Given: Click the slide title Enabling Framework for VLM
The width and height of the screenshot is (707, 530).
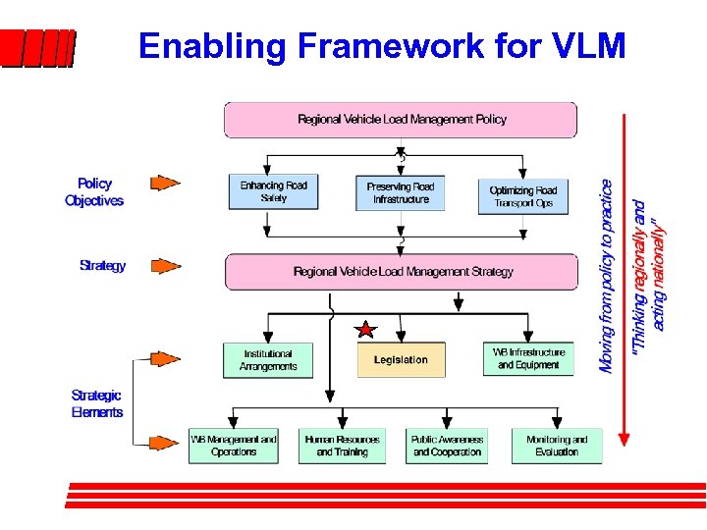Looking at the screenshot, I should tap(381, 46).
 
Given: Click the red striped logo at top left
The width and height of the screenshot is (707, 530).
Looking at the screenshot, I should tap(37, 48).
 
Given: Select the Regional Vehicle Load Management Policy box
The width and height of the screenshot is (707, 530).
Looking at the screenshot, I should tap(401, 120).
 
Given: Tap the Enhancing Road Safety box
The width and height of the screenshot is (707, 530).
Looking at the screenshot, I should tap(274, 191).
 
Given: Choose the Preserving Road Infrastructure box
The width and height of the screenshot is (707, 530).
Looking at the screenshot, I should tap(401, 192).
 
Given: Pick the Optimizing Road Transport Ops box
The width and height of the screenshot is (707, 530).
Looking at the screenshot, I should tap(522, 195).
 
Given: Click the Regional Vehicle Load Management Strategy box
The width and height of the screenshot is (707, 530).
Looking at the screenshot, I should tap(402, 272).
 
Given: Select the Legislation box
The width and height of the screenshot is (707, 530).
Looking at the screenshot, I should tap(401, 360).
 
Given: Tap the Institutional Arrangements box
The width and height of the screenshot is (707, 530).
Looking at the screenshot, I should tap(268, 360).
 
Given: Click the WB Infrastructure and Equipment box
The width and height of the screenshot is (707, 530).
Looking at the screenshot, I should tap(528, 358).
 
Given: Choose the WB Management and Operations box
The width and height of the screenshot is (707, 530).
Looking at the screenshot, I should tap(234, 446).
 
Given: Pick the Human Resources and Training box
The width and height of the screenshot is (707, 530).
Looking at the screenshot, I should tap(342, 446).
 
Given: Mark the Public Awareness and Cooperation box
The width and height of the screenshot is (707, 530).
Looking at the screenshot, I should tap(448, 446).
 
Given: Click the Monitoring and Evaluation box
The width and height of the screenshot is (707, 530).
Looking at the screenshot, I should tap(557, 446).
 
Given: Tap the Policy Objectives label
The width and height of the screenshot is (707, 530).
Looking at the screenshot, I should tap(94, 191).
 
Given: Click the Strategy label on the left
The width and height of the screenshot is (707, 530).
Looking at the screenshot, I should tap(102, 266).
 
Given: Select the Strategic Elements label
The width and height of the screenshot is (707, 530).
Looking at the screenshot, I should tap(97, 403).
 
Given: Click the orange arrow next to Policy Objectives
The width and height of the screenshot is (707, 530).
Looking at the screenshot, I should tap(164, 183).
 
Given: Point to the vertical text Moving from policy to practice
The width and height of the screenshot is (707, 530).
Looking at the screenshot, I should tap(607, 275).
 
